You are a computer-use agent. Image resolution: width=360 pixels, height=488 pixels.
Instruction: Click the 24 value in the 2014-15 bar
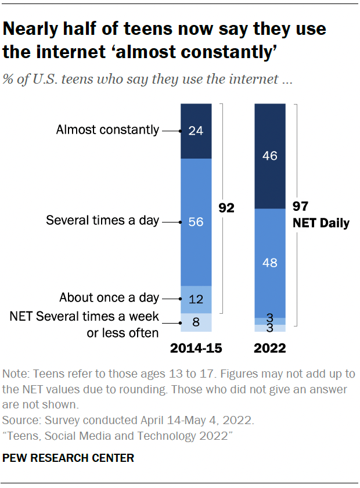(x=196, y=131)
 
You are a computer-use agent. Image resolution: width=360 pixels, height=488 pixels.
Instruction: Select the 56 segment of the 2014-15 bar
(x=196, y=221)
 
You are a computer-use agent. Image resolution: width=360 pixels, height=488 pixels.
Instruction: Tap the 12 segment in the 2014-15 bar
(x=196, y=299)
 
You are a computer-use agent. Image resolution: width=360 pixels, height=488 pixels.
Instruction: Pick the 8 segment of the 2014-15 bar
(x=196, y=322)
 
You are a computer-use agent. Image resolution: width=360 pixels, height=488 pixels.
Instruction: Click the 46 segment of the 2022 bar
(x=270, y=156)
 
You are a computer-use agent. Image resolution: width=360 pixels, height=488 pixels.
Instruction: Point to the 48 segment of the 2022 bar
(x=270, y=263)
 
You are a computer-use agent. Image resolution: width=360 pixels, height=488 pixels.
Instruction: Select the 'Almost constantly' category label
(x=107, y=130)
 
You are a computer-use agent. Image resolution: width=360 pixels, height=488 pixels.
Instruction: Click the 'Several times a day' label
(x=102, y=221)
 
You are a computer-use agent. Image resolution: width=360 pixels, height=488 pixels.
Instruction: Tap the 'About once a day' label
(x=109, y=298)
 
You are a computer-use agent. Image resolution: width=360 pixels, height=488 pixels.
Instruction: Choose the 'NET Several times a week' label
(x=84, y=317)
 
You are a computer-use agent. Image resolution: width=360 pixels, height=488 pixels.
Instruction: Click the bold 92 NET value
(x=226, y=207)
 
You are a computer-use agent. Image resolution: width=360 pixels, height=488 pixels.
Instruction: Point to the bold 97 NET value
(x=301, y=207)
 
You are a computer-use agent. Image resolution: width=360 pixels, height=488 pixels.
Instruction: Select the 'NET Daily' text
(x=321, y=223)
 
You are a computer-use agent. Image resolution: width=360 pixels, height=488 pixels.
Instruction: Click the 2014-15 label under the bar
(x=196, y=349)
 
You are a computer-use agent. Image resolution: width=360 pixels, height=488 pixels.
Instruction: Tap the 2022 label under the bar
(x=271, y=349)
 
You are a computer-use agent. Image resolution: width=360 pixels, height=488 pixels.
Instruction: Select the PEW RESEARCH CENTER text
(x=69, y=458)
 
